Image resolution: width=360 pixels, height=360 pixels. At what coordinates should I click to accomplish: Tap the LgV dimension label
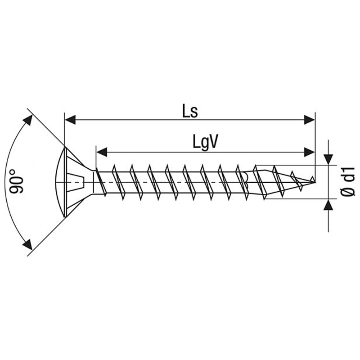205,143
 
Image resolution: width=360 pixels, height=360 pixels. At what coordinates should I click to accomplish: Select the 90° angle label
17,182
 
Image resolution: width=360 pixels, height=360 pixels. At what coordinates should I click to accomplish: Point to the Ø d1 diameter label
348,181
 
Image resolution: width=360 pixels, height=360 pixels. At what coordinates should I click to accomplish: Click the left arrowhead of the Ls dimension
70,120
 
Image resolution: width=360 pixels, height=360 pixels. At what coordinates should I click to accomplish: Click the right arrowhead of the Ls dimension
310,120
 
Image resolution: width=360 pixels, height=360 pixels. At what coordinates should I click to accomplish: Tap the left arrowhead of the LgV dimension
102,152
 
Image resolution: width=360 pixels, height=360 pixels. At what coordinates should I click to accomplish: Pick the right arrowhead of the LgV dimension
310,152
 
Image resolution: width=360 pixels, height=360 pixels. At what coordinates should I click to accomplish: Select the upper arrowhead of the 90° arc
27,120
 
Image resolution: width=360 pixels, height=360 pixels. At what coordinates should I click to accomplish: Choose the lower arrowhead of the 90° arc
27,244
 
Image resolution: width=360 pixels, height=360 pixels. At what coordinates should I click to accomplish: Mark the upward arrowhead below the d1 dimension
328,205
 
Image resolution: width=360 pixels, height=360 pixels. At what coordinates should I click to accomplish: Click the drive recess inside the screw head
76,182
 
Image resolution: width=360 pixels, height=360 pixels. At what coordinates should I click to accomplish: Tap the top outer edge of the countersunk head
65,148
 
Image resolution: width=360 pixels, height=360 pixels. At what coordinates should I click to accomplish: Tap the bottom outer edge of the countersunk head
65,216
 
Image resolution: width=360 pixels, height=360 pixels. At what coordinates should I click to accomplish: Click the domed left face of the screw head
58,182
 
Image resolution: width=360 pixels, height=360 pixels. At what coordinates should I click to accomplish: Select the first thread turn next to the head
101,182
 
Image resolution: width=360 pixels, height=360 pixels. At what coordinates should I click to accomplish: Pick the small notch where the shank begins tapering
245,179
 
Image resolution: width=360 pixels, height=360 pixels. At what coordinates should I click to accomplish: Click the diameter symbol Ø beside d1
348,191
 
